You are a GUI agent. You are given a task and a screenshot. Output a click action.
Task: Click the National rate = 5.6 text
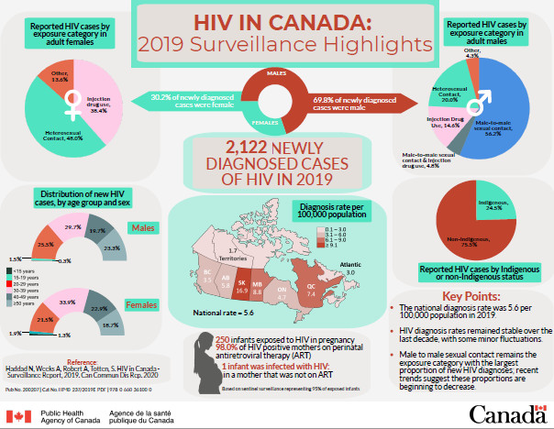[x=216, y=313]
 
